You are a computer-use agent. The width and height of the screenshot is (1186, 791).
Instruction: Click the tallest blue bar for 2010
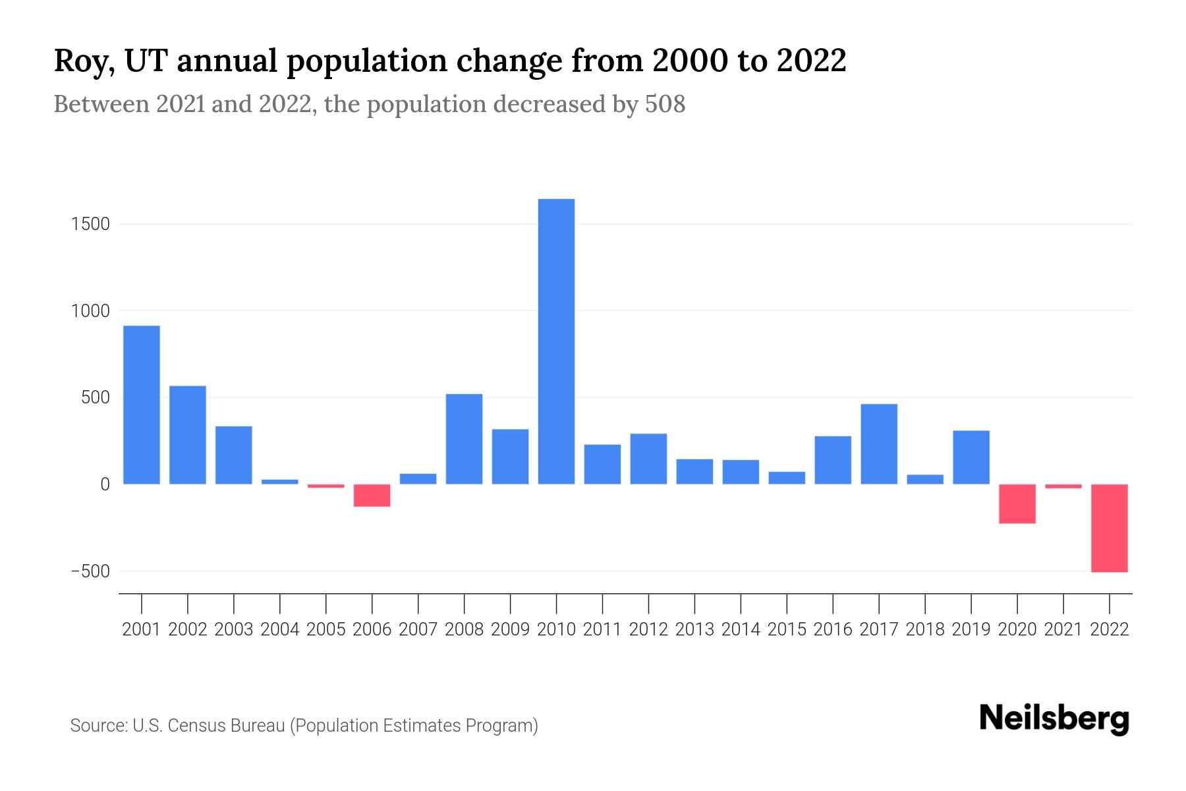pos(556,341)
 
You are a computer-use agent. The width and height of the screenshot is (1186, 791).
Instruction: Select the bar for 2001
pos(142,405)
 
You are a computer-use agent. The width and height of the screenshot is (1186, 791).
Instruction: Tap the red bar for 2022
pos(1110,527)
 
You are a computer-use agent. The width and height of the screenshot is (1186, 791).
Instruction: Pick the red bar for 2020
pos(1017,504)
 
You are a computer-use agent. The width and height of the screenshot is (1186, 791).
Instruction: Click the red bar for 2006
pos(372,495)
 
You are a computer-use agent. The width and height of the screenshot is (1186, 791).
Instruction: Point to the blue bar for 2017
pos(879,444)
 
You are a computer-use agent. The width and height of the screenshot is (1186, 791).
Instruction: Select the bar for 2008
pos(465,438)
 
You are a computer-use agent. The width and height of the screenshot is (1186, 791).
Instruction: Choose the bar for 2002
pos(188,434)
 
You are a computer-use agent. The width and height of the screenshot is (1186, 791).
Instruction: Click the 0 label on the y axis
pos(104,484)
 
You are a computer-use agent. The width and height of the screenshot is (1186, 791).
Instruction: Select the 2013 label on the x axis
pos(694,630)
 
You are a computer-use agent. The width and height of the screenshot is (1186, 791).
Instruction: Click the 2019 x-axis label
pos(971,630)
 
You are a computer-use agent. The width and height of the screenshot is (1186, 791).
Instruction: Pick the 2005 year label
pos(326,630)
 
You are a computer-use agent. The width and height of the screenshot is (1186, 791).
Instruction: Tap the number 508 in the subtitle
pos(665,104)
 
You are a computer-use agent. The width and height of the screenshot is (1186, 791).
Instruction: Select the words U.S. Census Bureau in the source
pos(209,726)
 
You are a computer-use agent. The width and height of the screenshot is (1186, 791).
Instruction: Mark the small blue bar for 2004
pos(280,482)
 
